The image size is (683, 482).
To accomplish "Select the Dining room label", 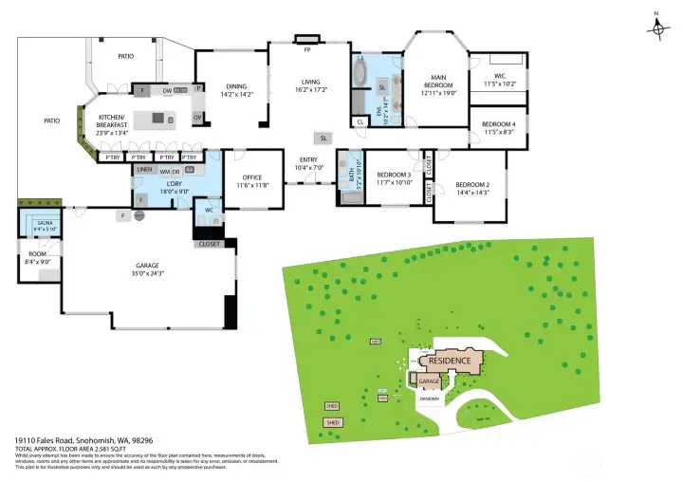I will tap(236, 87).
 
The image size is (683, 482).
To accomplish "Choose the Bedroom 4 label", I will tap(499, 124).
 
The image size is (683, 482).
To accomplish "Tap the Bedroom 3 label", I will tap(394, 175).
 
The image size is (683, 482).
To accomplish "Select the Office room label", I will tap(251, 177).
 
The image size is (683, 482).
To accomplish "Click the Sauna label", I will tap(44, 223).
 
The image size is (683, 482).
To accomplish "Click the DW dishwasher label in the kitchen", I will tap(166, 91).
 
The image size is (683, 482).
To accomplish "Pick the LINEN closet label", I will tap(144, 170).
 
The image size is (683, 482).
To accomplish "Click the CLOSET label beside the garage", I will tap(209, 244).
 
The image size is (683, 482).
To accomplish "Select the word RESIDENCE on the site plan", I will tap(450, 361).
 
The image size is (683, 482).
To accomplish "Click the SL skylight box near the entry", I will tap(323, 139).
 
